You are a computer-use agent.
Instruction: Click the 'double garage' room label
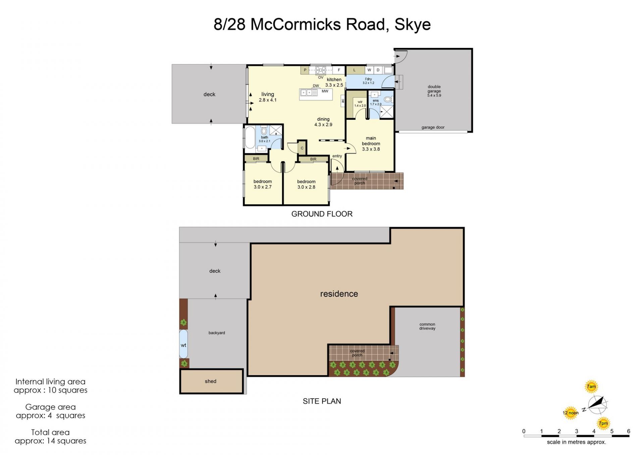tap(434, 89)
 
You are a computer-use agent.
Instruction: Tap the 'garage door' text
tap(433, 127)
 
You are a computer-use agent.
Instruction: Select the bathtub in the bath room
tap(250, 137)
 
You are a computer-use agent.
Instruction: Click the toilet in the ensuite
tap(388, 99)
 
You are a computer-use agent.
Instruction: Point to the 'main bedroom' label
tap(371, 141)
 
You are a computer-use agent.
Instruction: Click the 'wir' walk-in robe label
tap(360, 102)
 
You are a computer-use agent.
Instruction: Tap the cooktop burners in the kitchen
tap(321, 70)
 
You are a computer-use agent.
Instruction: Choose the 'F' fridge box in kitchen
tap(339, 70)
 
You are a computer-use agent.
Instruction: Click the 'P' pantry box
tap(305, 70)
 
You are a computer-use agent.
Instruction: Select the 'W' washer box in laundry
tap(369, 70)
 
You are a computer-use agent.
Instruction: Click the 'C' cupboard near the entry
tap(302, 148)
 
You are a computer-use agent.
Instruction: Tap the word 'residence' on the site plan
tap(339, 294)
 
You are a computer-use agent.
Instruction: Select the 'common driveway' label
tap(427, 326)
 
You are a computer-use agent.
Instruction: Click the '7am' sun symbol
tap(591, 387)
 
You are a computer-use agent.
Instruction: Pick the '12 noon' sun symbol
tap(571, 413)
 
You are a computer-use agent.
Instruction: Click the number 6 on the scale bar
tap(629, 431)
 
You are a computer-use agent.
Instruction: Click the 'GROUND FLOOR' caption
tap(322, 214)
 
